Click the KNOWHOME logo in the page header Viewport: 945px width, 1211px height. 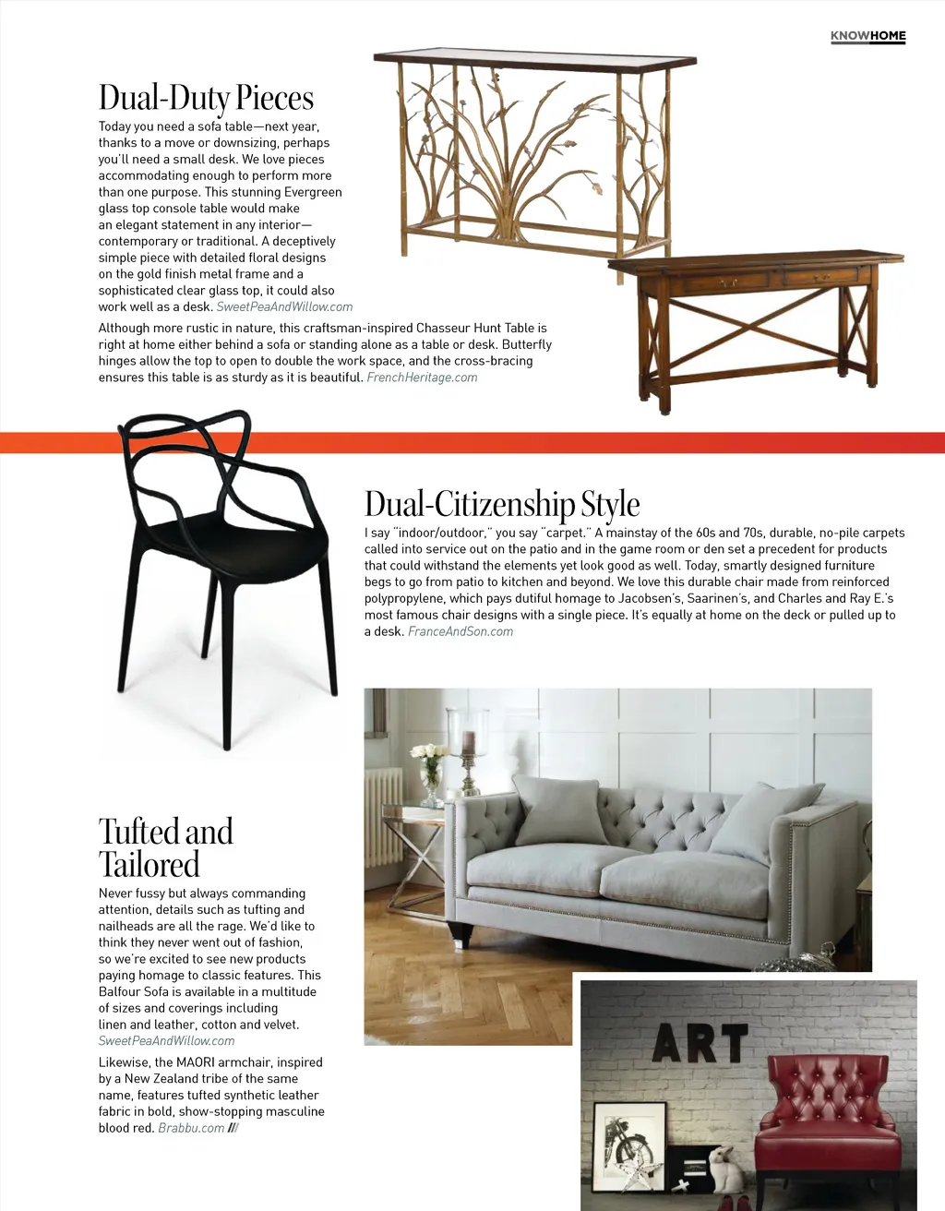[867, 36]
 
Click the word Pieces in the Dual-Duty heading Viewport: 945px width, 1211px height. [274, 98]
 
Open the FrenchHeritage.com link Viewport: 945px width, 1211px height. [422, 378]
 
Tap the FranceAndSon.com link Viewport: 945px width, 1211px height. [461, 631]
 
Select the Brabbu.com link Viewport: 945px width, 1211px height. [191, 1128]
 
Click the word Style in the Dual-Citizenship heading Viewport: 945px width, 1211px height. [610, 505]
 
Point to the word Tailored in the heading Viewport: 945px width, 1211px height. [149, 865]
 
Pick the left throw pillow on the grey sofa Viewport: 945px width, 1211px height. [558, 809]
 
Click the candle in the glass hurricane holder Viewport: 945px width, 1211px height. [469, 744]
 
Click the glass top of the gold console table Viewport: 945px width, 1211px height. [534, 57]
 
